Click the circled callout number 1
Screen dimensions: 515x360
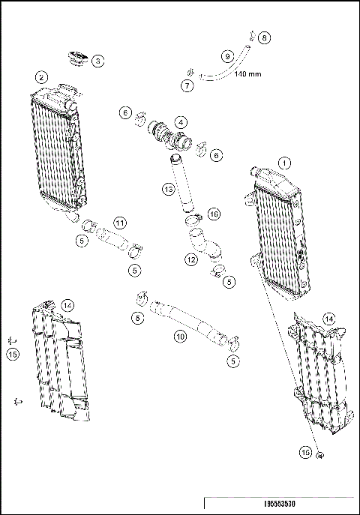click(x=284, y=162)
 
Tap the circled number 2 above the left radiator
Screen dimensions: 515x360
click(x=42, y=76)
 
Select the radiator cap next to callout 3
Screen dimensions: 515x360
click(x=76, y=57)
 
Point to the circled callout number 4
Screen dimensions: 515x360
click(x=180, y=121)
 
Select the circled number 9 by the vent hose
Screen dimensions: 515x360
click(x=226, y=55)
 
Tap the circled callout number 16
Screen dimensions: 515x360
click(x=214, y=214)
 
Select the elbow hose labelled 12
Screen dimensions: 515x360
click(x=201, y=244)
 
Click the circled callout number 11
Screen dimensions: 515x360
click(x=120, y=223)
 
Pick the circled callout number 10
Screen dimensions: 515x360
click(x=180, y=337)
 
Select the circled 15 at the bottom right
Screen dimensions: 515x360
click(x=305, y=452)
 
